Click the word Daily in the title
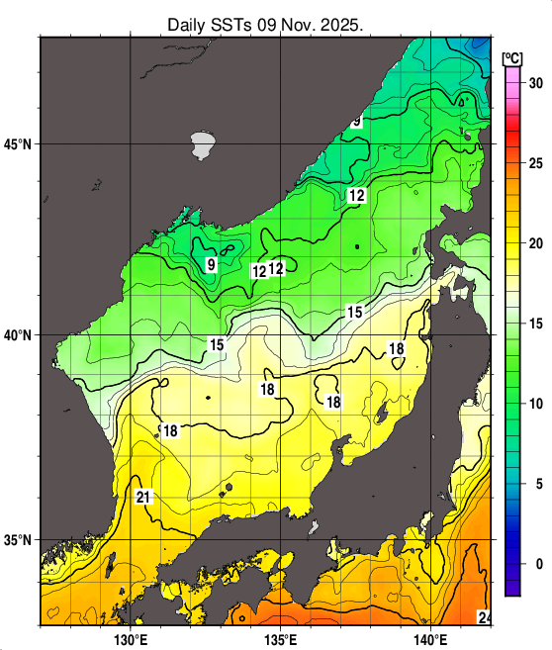[x=189, y=24]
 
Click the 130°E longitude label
[x=131, y=638]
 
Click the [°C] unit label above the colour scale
[x=514, y=56]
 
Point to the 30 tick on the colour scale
[x=536, y=83]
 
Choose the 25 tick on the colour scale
[x=536, y=163]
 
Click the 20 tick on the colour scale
[x=536, y=243]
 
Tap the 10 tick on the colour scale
[x=536, y=404]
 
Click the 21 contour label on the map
[x=143, y=497]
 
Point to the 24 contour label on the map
[x=485, y=617]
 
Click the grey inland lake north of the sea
[x=204, y=145]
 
